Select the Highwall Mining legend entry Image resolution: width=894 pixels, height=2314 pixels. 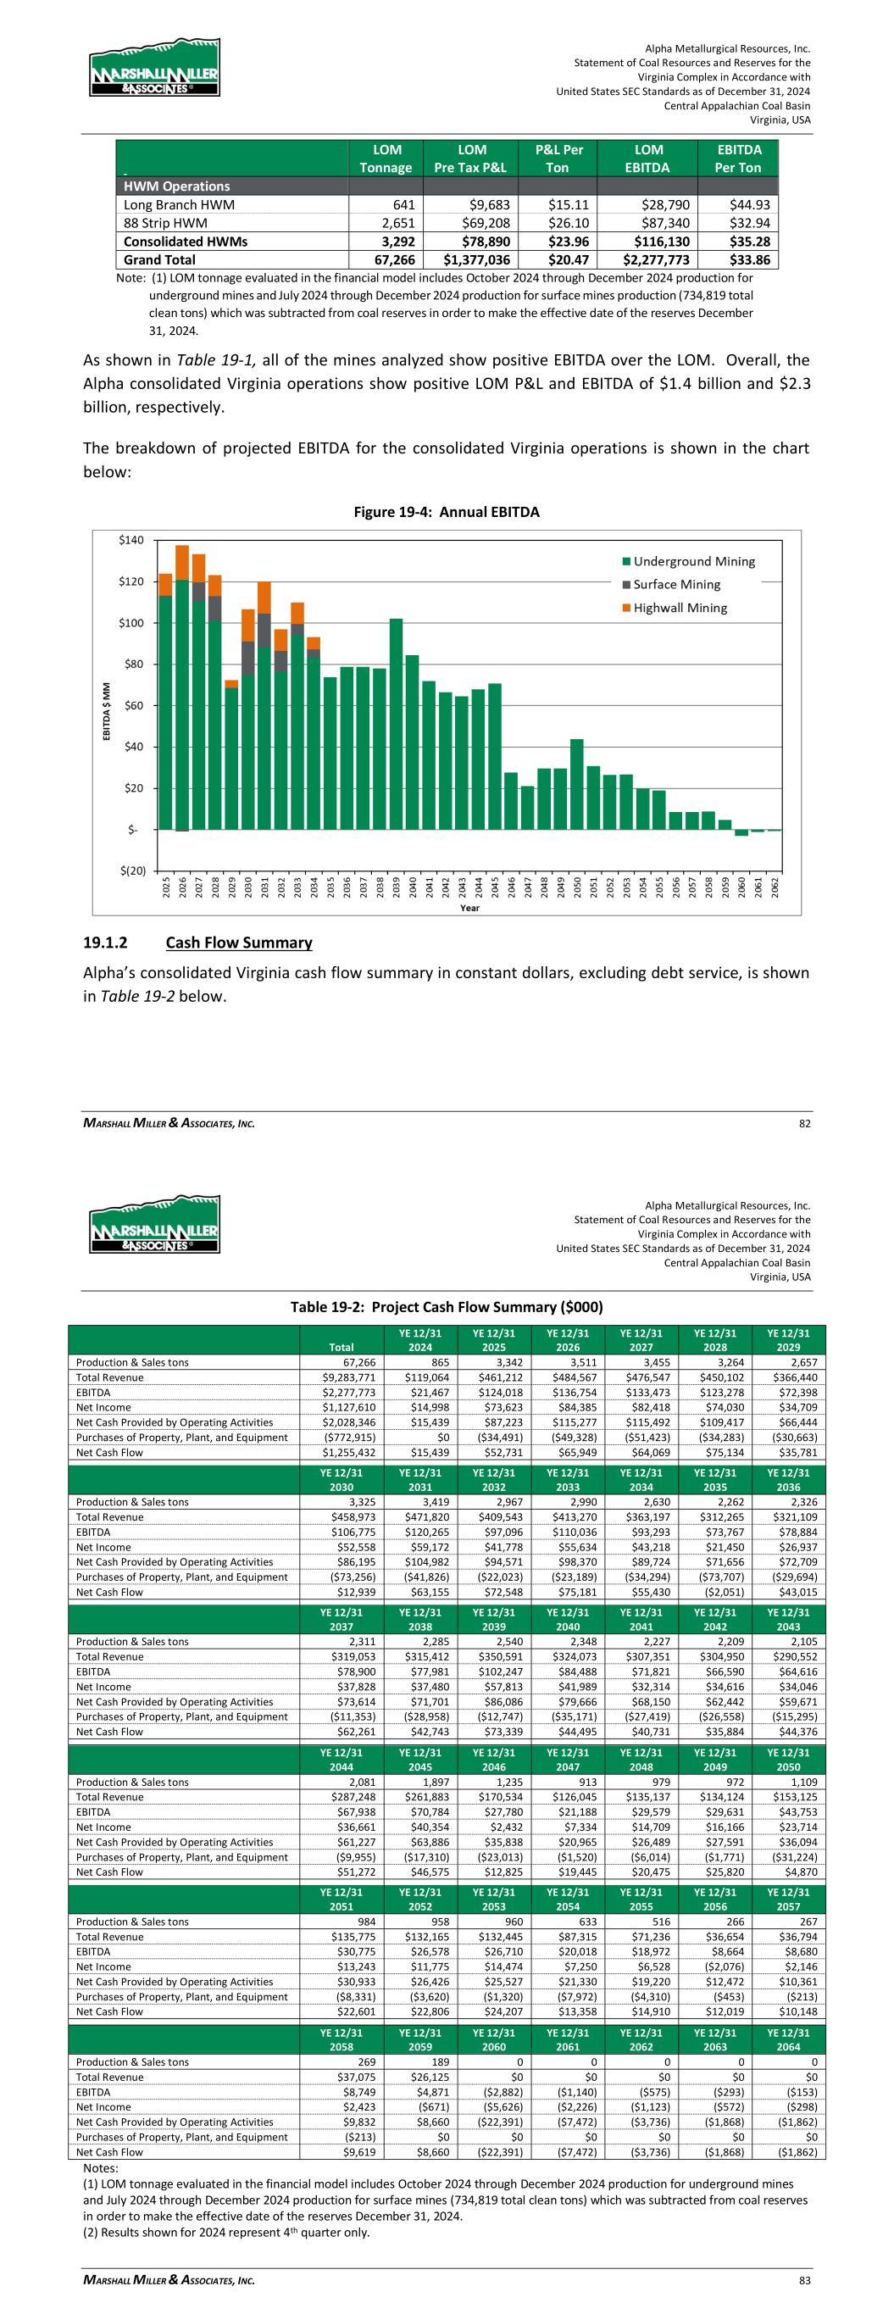[680, 608]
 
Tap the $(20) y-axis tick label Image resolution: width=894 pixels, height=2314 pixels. [131, 871]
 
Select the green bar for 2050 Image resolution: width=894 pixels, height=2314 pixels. [577, 782]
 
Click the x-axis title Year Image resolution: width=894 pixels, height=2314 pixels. [469, 908]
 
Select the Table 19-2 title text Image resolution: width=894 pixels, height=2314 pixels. [446, 1305]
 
